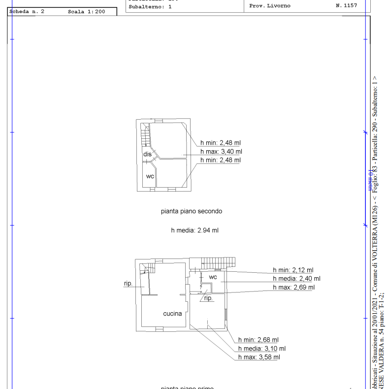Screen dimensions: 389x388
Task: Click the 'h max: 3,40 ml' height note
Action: [x=221, y=152]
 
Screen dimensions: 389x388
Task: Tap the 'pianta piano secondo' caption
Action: [x=192, y=211]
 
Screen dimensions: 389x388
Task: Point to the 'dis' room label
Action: [x=147, y=154]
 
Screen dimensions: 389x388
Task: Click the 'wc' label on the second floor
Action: [x=150, y=176]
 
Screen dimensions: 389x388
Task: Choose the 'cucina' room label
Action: [x=172, y=313]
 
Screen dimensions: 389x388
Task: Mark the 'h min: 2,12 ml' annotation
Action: [x=293, y=270]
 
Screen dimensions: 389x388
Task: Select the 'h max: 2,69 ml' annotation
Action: [x=293, y=287]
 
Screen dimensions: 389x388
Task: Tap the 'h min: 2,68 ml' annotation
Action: [x=258, y=340]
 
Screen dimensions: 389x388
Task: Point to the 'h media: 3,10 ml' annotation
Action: [x=261, y=348]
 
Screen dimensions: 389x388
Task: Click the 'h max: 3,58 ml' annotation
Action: [x=259, y=357]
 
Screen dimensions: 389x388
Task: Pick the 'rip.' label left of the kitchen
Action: [x=128, y=283]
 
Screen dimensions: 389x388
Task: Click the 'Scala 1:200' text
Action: [x=86, y=11]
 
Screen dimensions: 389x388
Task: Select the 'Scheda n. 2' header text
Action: [x=27, y=11]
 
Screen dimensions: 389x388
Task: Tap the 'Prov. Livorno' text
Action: [x=270, y=6]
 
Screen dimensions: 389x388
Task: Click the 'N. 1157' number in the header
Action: [x=346, y=6]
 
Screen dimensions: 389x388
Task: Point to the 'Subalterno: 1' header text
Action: [x=150, y=7]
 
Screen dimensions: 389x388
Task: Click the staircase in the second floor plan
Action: [x=145, y=135]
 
